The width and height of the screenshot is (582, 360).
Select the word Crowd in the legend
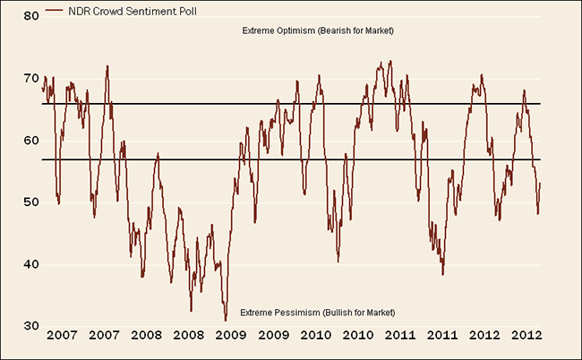coord(104,12)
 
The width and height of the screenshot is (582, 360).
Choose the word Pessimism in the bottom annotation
coord(293,311)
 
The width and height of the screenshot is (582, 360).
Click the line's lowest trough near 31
coord(226,319)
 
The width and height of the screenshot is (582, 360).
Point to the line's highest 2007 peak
coord(107,65)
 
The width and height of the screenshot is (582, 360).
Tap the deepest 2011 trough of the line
coord(442,274)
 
